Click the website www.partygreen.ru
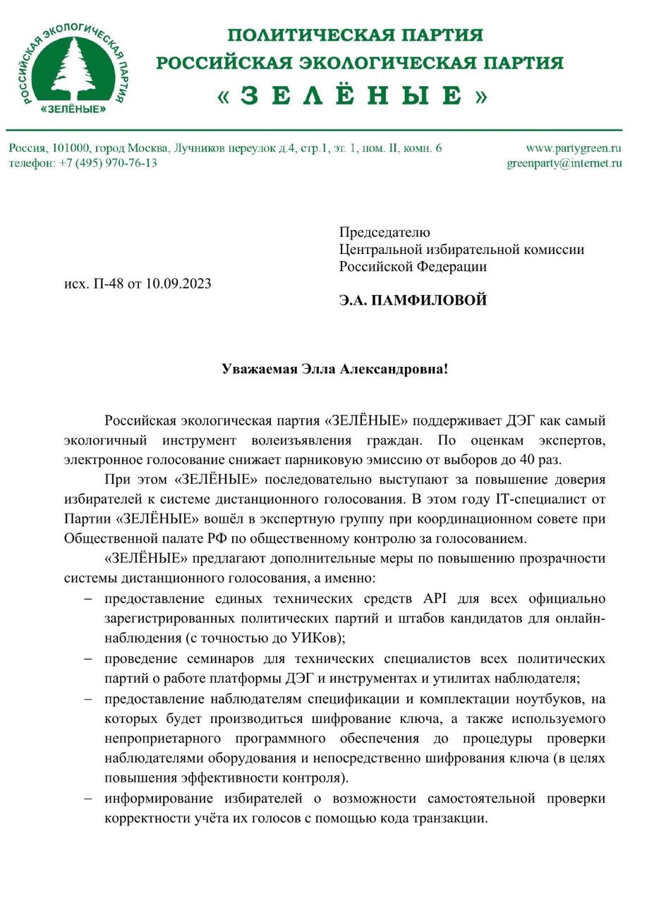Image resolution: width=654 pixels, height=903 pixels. (573, 148)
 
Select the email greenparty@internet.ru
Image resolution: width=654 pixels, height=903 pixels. (564, 163)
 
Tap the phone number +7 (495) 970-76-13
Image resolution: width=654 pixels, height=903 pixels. (108, 163)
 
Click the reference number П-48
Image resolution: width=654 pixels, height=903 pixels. (108, 284)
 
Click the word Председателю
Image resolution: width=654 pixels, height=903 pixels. (384, 232)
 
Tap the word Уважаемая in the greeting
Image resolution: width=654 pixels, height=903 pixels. (259, 369)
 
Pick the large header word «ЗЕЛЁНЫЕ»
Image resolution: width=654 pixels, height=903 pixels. (352, 96)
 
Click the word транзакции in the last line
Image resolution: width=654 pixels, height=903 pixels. (449, 819)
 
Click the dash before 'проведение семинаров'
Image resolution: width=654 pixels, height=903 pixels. (87, 659)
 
